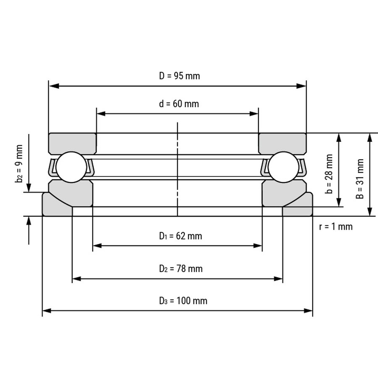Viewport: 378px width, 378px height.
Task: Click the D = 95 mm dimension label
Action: pyautogui.click(x=179, y=76)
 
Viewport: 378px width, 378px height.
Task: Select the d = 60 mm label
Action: pyautogui.click(x=179, y=104)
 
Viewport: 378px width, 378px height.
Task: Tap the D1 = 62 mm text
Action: pyautogui.click(x=181, y=236)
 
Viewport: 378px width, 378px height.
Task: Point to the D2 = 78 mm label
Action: pyautogui.click(x=181, y=268)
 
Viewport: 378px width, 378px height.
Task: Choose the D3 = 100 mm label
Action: pyautogui.click(x=183, y=301)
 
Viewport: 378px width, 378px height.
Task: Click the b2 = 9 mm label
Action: pyautogui.click(x=19, y=164)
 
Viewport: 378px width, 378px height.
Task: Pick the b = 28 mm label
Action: pyautogui.click(x=329, y=174)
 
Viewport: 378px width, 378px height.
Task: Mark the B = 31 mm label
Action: pyautogui.click(x=360, y=179)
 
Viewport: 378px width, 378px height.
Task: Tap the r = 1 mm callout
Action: pyautogui.click(x=336, y=227)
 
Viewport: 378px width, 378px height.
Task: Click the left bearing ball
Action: pyautogui.click(x=71, y=167)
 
